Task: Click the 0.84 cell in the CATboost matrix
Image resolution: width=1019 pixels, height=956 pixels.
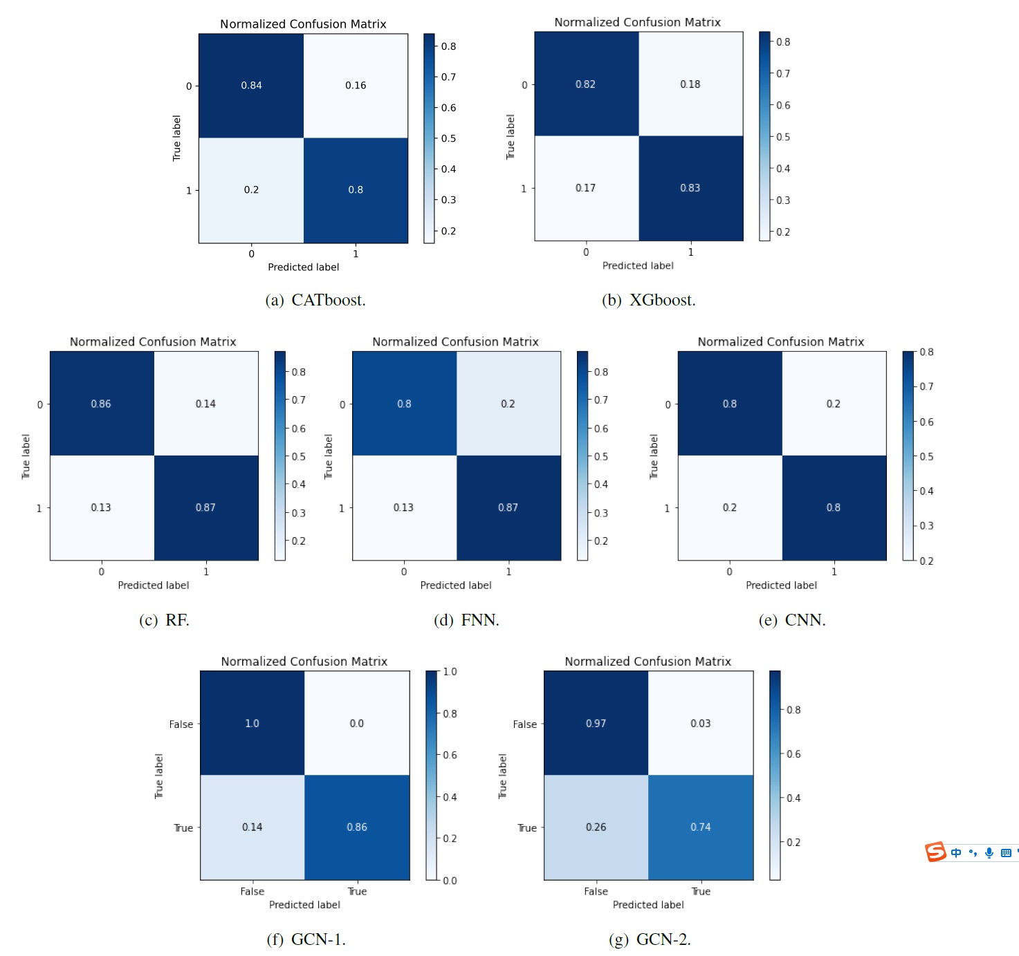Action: (x=251, y=86)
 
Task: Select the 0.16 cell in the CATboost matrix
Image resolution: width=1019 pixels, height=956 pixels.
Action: (x=356, y=86)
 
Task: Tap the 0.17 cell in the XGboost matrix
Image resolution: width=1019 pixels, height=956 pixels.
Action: (x=585, y=188)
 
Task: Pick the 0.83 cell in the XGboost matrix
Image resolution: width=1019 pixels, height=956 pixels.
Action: (x=690, y=188)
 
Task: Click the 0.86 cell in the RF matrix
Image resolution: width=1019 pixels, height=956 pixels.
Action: (x=101, y=404)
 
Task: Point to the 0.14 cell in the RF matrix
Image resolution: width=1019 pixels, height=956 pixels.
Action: (x=205, y=404)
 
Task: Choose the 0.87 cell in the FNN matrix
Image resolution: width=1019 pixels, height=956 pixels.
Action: (x=508, y=507)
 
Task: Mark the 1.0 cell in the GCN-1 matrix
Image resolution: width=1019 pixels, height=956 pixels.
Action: (x=252, y=723)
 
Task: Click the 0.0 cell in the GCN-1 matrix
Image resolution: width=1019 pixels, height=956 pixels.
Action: (x=356, y=723)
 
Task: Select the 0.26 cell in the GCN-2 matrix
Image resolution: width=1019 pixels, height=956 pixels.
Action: (x=596, y=827)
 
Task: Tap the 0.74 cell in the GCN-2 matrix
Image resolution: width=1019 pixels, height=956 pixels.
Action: (x=700, y=827)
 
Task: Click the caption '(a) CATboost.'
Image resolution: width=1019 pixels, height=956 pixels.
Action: (x=315, y=300)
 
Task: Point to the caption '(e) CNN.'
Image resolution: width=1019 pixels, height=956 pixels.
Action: (x=792, y=620)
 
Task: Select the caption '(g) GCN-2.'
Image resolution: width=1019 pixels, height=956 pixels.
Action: (x=650, y=939)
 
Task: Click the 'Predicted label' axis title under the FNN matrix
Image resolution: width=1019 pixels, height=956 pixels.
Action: (x=456, y=585)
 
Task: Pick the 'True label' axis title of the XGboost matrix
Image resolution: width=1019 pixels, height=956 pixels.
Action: (x=511, y=137)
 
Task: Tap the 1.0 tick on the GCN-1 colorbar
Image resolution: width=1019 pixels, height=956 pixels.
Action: (x=450, y=672)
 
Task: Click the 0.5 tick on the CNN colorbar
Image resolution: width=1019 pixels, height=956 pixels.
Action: (x=926, y=456)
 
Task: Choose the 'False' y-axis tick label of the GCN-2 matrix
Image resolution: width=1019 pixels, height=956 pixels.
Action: (x=524, y=724)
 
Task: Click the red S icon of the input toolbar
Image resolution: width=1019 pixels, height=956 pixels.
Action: (x=935, y=852)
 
